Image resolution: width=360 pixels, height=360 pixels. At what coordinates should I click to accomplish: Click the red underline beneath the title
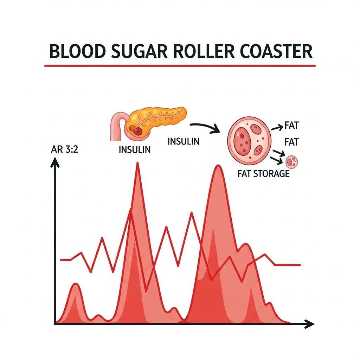point(180,65)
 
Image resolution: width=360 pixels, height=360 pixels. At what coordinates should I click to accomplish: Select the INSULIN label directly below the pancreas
point(135,149)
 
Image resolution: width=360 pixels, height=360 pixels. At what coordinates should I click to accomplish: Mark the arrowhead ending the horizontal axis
point(309,324)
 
